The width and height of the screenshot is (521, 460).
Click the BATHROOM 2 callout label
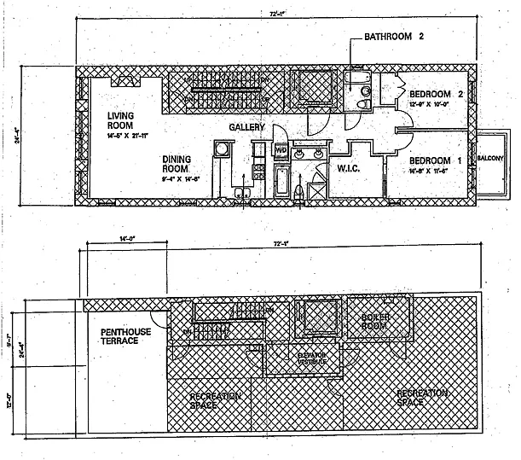pyautogui.click(x=395, y=37)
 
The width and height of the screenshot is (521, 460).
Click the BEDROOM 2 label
pyautogui.click(x=436, y=94)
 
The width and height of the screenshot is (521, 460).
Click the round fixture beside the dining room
pyautogui.click(x=220, y=150)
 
